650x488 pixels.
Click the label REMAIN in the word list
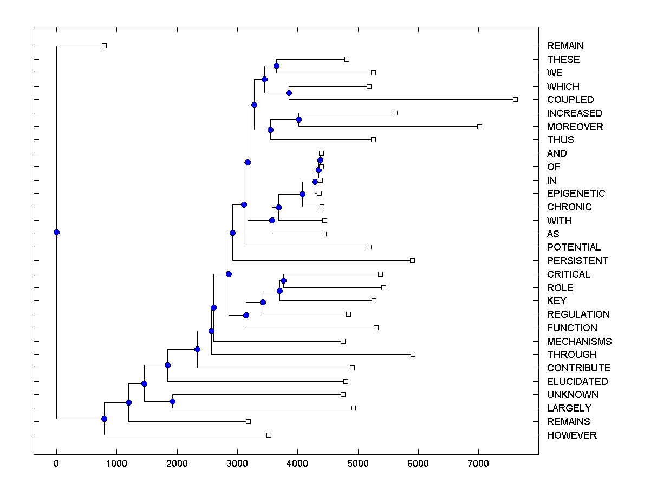pos(565,46)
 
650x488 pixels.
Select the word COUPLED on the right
pos(570,100)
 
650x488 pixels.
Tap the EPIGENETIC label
pos(576,194)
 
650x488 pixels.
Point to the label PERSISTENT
pos(577,261)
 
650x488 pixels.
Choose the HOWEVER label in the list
pos(571,435)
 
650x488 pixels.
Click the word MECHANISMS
pos(579,342)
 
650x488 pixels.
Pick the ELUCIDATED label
pos(577,382)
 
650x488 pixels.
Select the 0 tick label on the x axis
pos(56,463)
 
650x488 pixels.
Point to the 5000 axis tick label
pos(357,463)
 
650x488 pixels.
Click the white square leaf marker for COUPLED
pos(515,99)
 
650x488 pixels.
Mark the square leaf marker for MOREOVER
pos(479,126)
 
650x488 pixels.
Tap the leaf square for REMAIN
pos(105,46)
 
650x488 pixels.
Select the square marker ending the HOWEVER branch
pos(269,435)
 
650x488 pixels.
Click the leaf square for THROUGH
pos(413,354)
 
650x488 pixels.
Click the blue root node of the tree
pos(56,232)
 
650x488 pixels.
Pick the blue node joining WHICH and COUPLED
pos(289,93)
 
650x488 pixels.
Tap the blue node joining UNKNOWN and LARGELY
pos(172,401)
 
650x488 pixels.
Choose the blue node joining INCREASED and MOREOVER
pos(298,119)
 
